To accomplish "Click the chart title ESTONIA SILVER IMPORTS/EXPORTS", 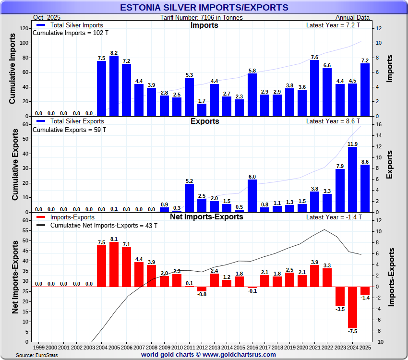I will [x=204, y=7].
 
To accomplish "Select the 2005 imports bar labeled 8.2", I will [x=114, y=86].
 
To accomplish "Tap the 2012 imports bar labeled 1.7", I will [x=202, y=110].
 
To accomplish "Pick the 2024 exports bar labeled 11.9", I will [x=352, y=180].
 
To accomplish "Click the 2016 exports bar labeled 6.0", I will [x=252, y=196].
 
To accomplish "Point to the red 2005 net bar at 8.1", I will [x=114, y=264].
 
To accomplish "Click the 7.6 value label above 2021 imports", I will [x=314, y=57].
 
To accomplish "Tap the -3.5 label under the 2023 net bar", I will [x=340, y=309].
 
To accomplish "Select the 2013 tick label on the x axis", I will [x=214, y=347].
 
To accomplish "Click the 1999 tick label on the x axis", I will [x=39, y=347].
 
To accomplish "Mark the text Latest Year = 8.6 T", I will [x=333, y=121].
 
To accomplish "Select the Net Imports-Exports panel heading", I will [x=206, y=217].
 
